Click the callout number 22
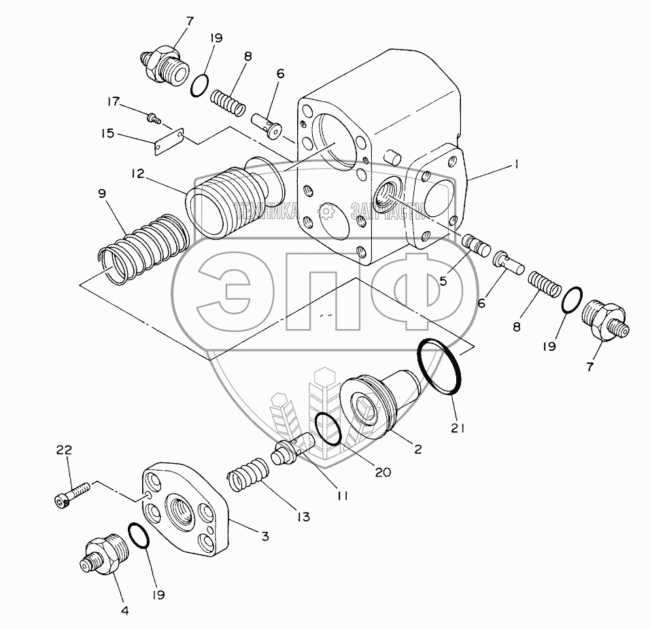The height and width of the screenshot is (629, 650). [64, 450]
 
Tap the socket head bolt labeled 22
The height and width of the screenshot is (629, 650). [71, 495]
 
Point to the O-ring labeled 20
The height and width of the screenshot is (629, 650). [328, 428]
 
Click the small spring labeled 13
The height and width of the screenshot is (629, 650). [248, 475]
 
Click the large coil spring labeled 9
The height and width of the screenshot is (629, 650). [145, 249]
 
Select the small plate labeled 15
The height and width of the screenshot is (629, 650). [169, 141]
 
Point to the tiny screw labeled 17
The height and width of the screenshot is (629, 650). [154, 118]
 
